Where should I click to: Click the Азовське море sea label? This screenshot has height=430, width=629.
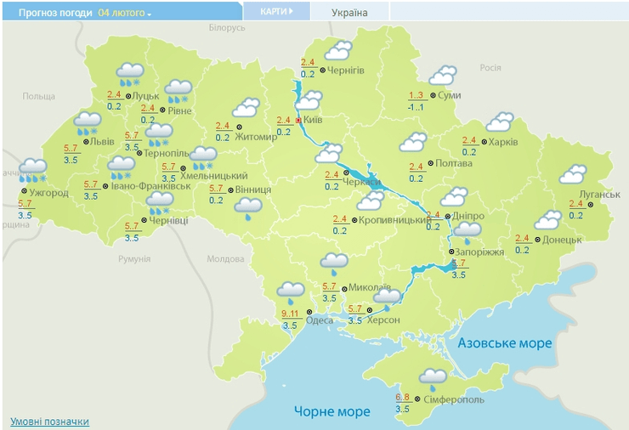click(x=505, y=343)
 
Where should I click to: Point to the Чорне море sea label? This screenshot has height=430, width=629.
click(x=332, y=411)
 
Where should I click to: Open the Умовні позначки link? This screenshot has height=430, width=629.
click(x=49, y=422)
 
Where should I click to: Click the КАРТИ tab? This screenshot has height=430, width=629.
click(x=275, y=12)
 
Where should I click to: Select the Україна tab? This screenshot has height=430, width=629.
click(x=349, y=13)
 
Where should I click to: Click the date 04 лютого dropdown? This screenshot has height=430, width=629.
click(x=125, y=14)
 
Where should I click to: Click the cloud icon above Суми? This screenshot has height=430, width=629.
click(x=442, y=76)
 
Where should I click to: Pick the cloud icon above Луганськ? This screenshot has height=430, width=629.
click(x=573, y=175)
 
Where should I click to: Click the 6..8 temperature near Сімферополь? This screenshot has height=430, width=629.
click(x=405, y=397)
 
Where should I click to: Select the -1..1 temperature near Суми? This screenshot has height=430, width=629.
click(x=416, y=108)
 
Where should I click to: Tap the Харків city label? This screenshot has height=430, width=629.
click(x=503, y=141)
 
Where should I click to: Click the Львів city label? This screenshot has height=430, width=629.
click(x=102, y=141)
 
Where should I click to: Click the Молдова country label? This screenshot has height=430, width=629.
click(x=226, y=258)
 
